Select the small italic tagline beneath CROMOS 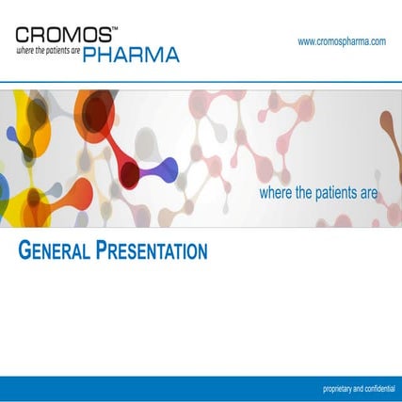[48, 51]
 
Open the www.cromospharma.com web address [342, 41]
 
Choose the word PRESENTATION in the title [152, 251]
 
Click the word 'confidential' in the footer [376, 389]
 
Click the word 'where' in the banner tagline [274, 193]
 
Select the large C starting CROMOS [25, 35]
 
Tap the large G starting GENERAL [24, 251]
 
